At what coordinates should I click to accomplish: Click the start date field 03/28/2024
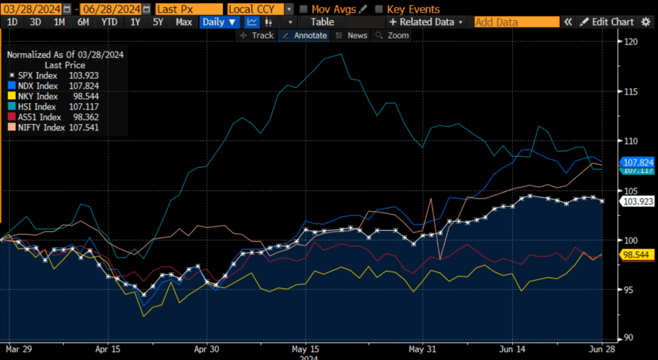point(31,9)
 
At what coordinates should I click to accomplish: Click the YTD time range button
point(109,22)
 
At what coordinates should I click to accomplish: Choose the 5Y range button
point(158,22)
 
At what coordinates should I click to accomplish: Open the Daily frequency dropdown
point(219,22)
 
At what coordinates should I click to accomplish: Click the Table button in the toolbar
point(322,22)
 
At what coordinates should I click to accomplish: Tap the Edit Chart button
point(607,22)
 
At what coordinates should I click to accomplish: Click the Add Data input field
point(516,22)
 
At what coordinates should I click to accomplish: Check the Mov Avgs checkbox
point(304,9)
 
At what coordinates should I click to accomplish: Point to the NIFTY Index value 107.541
point(84,127)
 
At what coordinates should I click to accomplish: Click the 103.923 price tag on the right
point(639,202)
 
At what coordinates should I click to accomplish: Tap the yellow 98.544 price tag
point(639,255)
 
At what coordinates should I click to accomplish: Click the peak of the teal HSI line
point(341,54)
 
